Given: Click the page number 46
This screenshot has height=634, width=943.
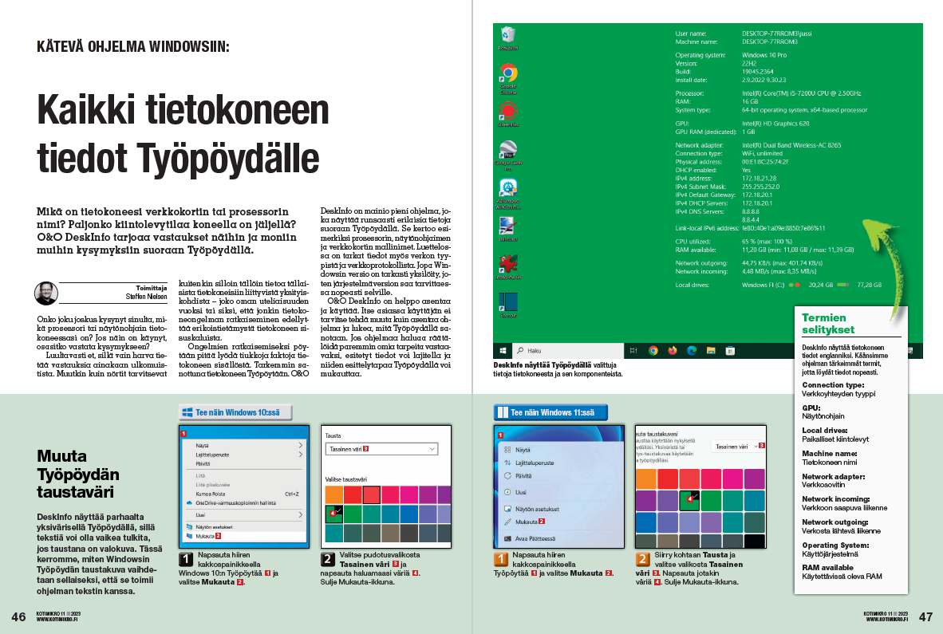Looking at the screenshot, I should point(18,616).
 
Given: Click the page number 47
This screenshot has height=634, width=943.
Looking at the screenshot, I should point(925,616).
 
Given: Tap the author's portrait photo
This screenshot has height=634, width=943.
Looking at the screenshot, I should point(45,293).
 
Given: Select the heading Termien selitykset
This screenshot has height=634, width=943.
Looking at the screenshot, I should point(828,323).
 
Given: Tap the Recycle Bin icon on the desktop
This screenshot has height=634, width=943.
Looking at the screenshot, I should point(507,36).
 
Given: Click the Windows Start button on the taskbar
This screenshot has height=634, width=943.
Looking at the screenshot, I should point(503,350).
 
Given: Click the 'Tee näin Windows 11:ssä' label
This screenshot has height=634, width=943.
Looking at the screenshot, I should point(550,412).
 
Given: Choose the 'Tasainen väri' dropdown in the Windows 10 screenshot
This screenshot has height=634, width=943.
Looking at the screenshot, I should point(381,450).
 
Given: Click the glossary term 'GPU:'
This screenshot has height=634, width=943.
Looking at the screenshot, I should point(811,408).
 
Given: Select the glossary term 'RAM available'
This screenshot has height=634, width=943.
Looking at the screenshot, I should point(828,567).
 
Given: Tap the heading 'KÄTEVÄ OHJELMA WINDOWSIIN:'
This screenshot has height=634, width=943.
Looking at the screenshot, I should point(133,46).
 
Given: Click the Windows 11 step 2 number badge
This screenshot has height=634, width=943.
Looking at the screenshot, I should point(643,559).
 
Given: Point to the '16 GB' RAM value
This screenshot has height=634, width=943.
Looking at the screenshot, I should point(750,101).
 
